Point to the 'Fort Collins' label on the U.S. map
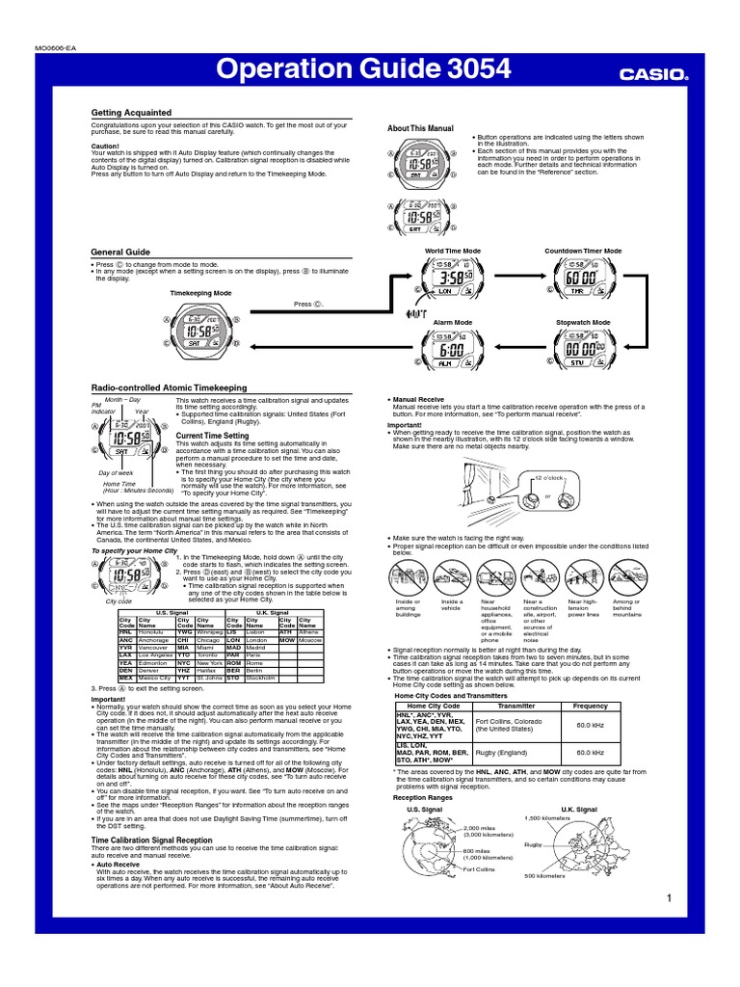[479, 869]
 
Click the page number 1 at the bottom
[667, 898]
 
